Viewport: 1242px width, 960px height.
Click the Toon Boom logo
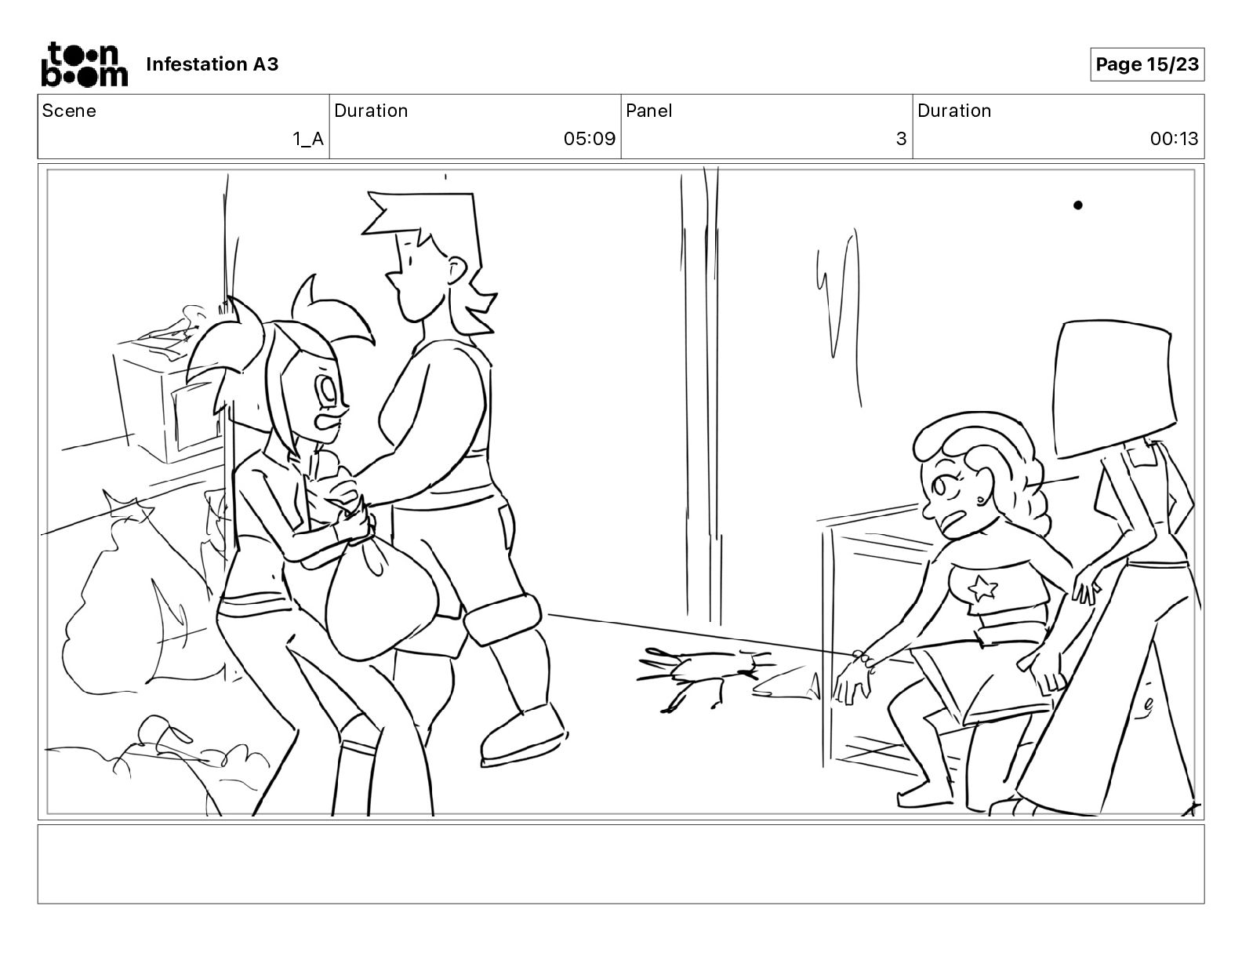tap(85, 64)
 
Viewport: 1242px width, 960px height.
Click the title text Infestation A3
tap(212, 64)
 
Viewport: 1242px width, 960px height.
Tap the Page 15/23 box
tap(1146, 64)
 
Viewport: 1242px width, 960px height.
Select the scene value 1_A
tap(308, 139)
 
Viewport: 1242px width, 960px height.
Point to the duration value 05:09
tap(590, 138)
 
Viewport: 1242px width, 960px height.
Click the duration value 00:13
tap(1174, 138)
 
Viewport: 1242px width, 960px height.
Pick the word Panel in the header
tap(648, 111)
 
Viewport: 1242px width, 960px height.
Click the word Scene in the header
tap(69, 111)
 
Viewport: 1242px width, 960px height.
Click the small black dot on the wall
tap(1078, 205)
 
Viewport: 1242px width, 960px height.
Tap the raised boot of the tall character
tap(521, 735)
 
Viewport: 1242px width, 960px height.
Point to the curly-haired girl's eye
tap(939, 486)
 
